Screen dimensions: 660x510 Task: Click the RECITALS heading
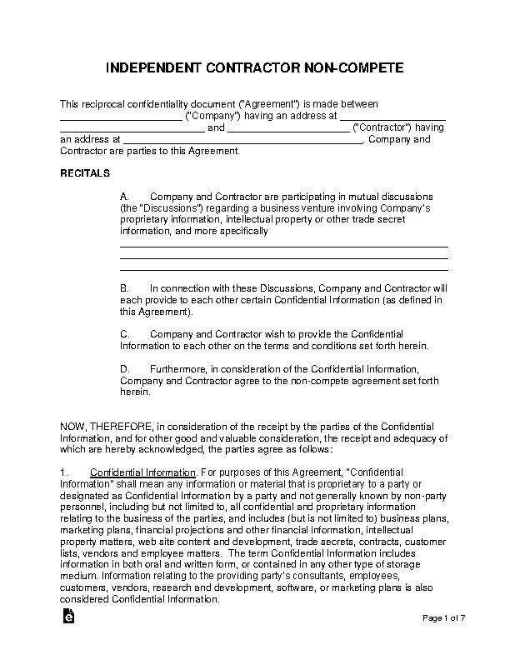(x=85, y=172)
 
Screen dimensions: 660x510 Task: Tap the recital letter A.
(x=124, y=197)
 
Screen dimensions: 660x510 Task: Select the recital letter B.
(x=124, y=287)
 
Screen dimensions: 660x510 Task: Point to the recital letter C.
(x=124, y=333)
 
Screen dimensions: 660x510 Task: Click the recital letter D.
(x=124, y=368)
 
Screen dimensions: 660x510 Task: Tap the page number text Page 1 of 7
(x=450, y=617)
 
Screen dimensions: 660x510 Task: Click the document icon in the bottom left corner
(x=68, y=616)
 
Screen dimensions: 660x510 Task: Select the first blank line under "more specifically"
(x=284, y=246)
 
